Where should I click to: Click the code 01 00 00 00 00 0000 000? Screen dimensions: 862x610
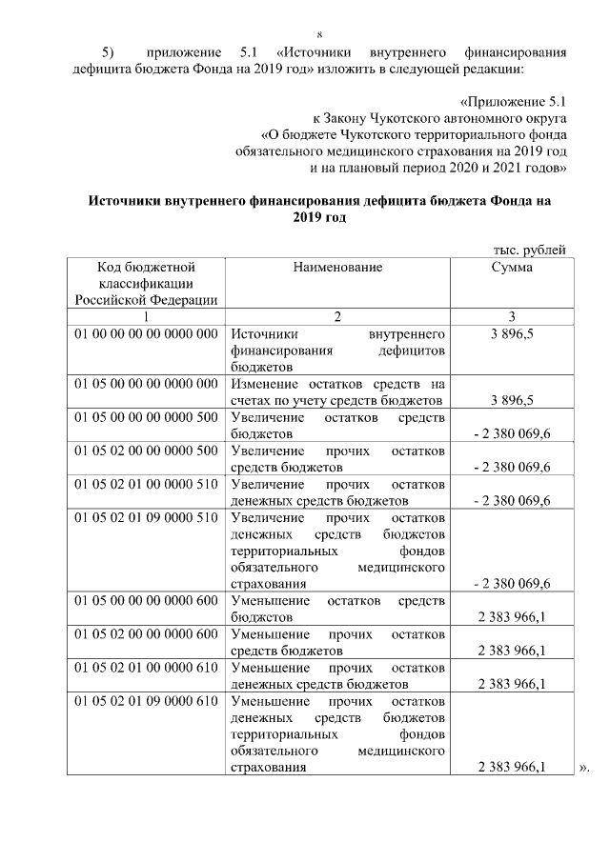pos(146,334)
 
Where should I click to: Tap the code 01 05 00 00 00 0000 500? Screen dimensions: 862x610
pos(146,417)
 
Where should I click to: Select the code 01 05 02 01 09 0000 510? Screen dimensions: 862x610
pos(146,517)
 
